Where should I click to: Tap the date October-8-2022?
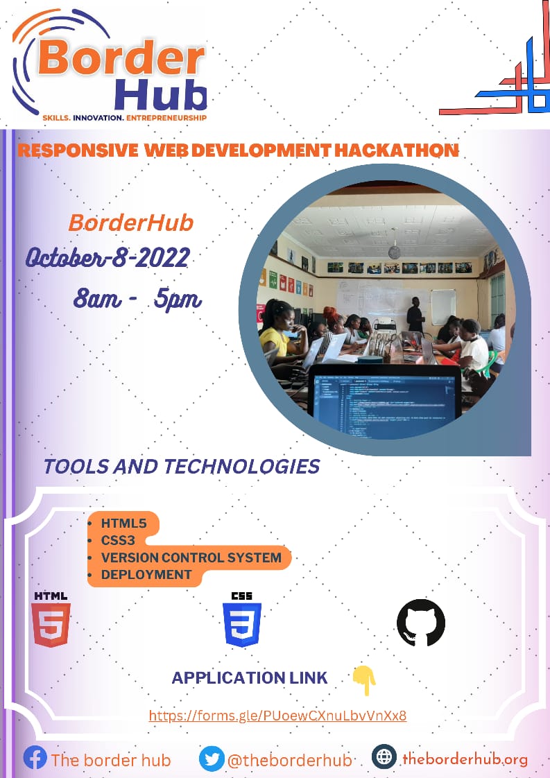[108, 257]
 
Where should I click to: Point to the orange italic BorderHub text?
[130, 223]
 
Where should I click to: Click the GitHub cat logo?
[420, 623]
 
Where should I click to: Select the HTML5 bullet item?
[125, 524]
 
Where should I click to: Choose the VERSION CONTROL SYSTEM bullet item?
[191, 557]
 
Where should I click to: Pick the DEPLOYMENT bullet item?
[146, 574]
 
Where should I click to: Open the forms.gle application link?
[277, 716]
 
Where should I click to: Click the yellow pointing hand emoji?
[364, 680]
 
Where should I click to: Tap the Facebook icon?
[35, 758]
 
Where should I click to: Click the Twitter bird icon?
[212, 759]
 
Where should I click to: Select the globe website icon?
[384, 757]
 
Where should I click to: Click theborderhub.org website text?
[465, 759]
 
